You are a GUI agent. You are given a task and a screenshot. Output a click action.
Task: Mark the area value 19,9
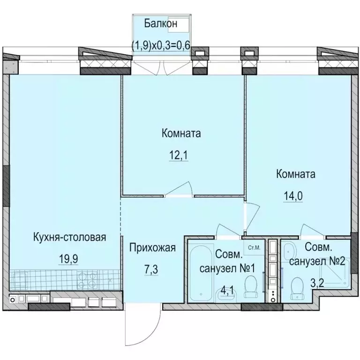click(x=68, y=257)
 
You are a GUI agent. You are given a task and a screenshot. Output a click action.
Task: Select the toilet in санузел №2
click(x=296, y=287)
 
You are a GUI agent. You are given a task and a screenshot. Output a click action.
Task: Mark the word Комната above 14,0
click(x=295, y=174)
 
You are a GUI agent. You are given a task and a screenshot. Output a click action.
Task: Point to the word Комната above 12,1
click(x=181, y=134)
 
